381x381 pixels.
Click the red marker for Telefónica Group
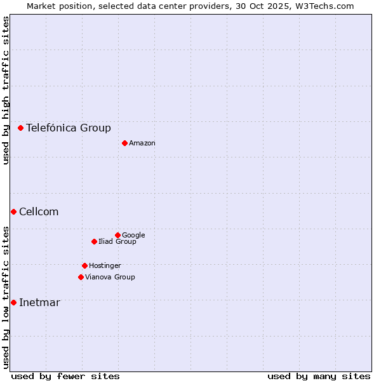click(20, 128)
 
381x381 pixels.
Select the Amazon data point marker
click(124, 143)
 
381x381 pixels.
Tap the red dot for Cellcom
click(13, 211)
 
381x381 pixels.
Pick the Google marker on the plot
click(117, 235)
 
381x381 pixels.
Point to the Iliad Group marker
click(94, 241)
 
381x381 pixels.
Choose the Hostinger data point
click(84, 265)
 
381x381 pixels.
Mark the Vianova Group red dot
click(81, 277)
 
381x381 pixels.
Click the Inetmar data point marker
click(13, 302)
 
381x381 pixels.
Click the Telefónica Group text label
click(69, 128)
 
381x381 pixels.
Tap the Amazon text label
click(142, 143)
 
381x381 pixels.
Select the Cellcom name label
click(39, 211)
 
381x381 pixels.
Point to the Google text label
click(133, 235)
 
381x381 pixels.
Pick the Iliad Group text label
click(117, 241)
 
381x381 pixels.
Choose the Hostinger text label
click(105, 265)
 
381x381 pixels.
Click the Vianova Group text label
click(110, 277)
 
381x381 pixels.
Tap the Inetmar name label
click(39, 302)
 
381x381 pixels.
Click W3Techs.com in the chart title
click(327, 6)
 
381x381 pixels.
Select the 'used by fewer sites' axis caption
click(65, 376)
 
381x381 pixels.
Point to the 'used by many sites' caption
click(319, 376)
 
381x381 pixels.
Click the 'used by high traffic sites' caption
click(6, 90)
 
